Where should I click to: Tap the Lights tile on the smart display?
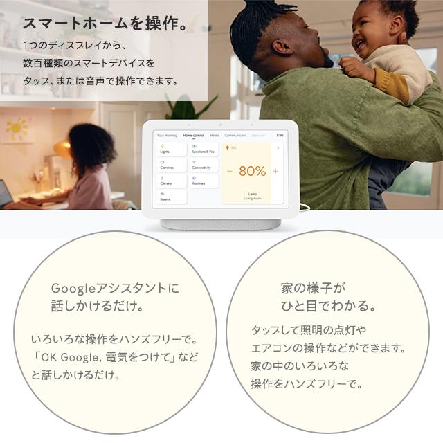(x=171, y=149)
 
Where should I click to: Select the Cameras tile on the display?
(x=171, y=165)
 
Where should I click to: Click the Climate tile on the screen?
(x=171, y=181)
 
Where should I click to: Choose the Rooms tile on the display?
(x=171, y=197)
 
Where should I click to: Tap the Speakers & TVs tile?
(x=204, y=149)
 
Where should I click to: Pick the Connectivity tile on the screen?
(x=204, y=165)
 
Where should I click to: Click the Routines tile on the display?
(x=204, y=181)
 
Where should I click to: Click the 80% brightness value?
(x=252, y=171)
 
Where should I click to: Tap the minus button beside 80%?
(x=230, y=171)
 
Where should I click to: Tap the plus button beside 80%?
(x=275, y=171)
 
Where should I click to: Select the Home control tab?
(x=193, y=135)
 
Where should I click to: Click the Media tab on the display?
(x=214, y=135)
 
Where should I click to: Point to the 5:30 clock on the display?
(x=280, y=135)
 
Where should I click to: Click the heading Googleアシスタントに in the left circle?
(x=115, y=288)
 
